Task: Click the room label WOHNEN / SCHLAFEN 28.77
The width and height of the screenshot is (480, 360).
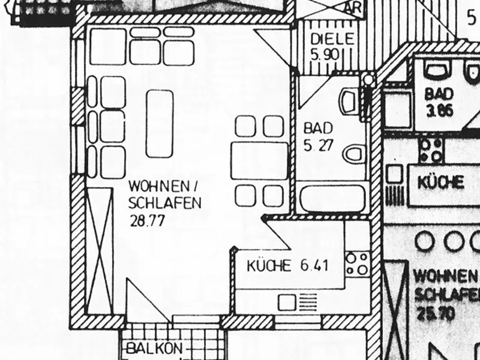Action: point(164,202)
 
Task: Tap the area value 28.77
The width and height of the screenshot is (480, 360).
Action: point(147,220)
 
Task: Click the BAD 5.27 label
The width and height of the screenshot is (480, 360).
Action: point(317,137)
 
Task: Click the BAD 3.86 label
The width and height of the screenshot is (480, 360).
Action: point(438,102)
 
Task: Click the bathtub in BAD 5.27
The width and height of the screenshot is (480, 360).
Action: point(332,198)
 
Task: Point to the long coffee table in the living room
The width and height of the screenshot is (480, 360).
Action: point(160,123)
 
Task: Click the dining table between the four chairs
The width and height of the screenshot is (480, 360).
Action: point(259,160)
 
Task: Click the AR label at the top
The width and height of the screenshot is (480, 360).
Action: point(354,7)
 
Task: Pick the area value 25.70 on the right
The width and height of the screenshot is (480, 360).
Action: point(434,313)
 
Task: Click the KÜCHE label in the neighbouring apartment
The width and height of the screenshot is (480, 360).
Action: point(441,182)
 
